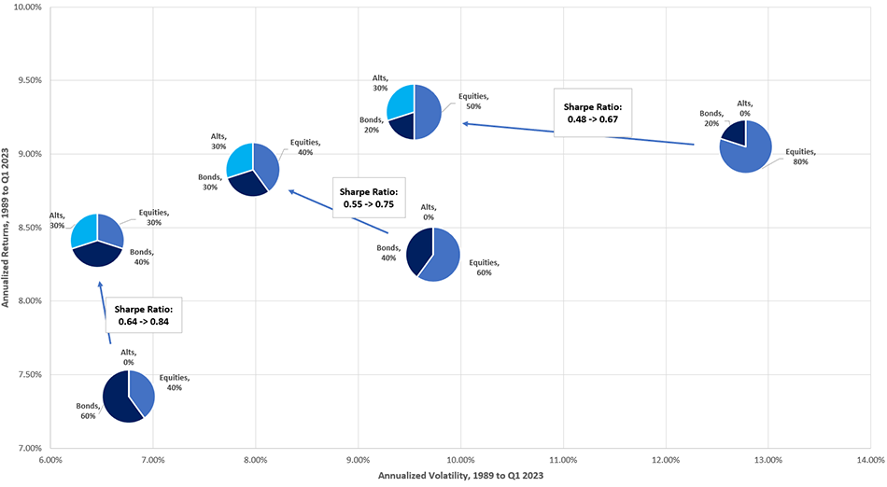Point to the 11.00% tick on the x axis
[562, 460]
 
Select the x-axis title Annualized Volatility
[459, 477]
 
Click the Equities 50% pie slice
[428, 112]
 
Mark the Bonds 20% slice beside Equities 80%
[735, 133]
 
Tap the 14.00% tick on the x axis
[869, 460]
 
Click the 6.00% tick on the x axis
[49, 460]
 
